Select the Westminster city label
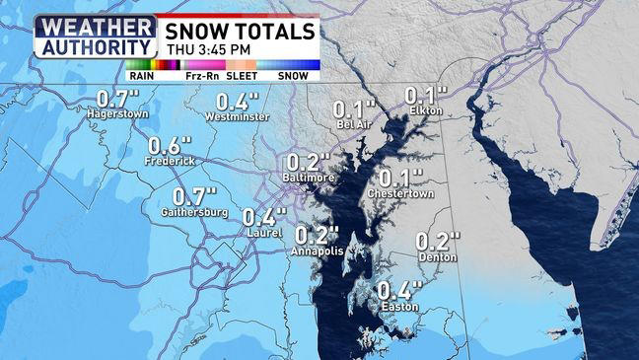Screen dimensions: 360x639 [237, 116]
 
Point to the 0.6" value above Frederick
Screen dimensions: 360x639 [171, 143]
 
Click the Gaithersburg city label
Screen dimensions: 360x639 [195, 212]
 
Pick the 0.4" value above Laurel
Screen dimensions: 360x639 [264, 217]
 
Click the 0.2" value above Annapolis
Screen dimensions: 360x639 [318, 235]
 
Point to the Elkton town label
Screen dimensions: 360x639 [427, 110]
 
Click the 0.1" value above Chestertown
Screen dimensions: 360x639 [401, 179]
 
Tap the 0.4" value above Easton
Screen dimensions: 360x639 [399, 290]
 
